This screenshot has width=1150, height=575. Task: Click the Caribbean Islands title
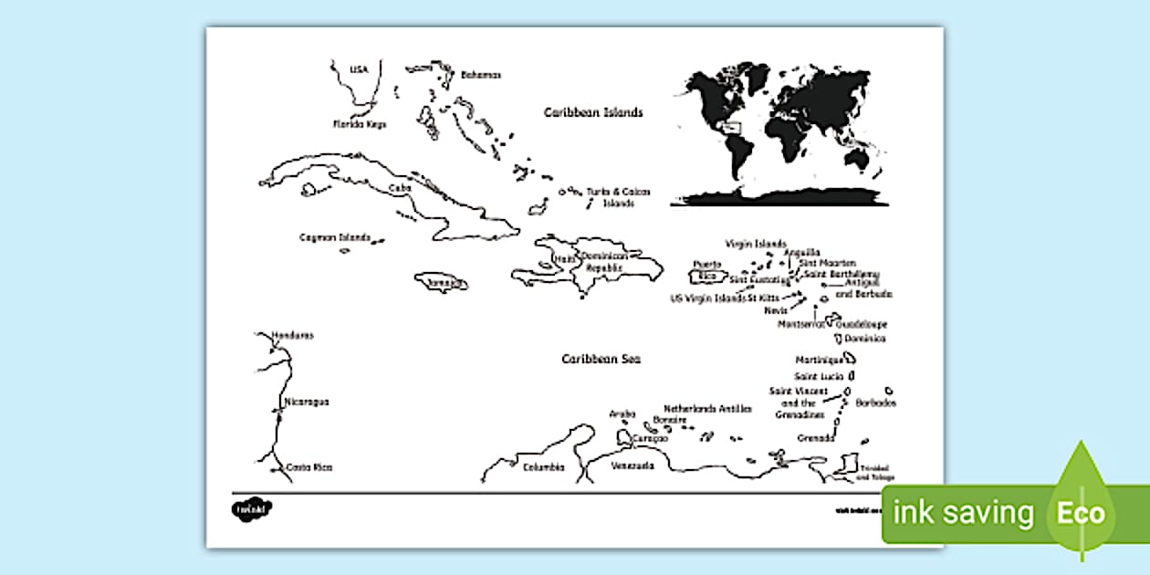(593, 113)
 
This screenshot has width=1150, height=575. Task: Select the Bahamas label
(481, 75)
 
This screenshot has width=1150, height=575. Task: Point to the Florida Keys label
(359, 124)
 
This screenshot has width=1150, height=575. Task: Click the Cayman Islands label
(335, 237)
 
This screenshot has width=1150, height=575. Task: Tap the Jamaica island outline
(442, 283)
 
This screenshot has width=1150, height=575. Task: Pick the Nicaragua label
(307, 402)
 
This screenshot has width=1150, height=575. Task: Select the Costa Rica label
(309, 467)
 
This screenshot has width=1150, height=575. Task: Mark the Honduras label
(292, 335)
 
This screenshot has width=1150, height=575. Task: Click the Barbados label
(876, 402)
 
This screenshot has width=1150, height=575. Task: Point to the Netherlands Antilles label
(708, 409)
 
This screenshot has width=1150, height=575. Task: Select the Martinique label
(817, 360)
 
